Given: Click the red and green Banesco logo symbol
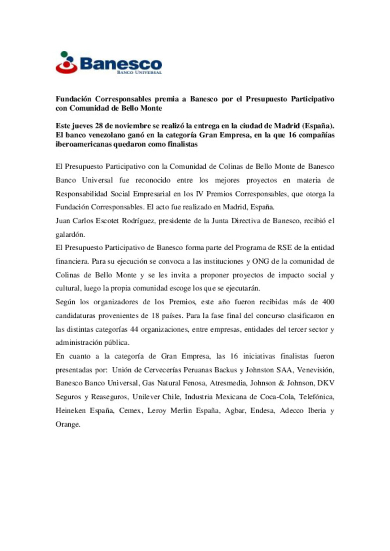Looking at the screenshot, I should [66, 63].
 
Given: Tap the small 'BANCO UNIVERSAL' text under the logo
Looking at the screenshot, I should [139, 72].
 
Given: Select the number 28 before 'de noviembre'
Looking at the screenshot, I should [99, 126].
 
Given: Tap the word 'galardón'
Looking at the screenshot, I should [70, 234].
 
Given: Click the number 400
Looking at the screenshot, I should [328, 302].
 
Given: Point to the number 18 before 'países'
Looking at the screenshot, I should [155, 316].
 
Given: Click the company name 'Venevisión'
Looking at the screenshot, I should [315, 370].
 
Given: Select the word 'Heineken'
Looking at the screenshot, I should [70, 410].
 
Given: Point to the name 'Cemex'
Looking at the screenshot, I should [130, 410].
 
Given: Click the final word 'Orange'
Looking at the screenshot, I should [68, 424].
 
